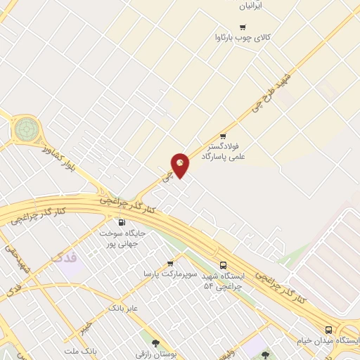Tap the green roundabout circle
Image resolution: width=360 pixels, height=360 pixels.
[26, 129]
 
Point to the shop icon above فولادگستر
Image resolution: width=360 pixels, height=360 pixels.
[224, 136]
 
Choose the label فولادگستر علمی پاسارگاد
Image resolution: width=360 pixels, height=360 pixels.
[223, 150]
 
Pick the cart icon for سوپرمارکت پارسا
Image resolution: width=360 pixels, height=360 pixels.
[169, 264]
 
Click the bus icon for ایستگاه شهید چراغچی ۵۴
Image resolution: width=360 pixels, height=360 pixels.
[223, 266]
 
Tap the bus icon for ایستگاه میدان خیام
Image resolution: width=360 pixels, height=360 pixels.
[328, 330]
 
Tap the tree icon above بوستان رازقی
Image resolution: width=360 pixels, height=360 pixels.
[155, 343]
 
